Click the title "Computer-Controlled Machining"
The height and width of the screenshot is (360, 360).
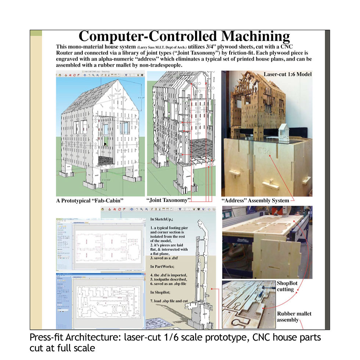pyautogui.click(x=184, y=37)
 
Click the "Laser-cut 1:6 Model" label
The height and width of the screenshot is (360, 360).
pyautogui.click(x=287, y=74)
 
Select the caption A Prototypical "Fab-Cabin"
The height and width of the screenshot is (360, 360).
pyautogui.click(x=90, y=201)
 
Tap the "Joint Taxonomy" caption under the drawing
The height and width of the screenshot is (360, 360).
pyautogui.click(x=169, y=201)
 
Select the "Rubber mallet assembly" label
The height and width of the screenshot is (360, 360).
pyautogui.click(x=294, y=317)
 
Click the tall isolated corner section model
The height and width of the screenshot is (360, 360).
pyautogui.click(x=201, y=272)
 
